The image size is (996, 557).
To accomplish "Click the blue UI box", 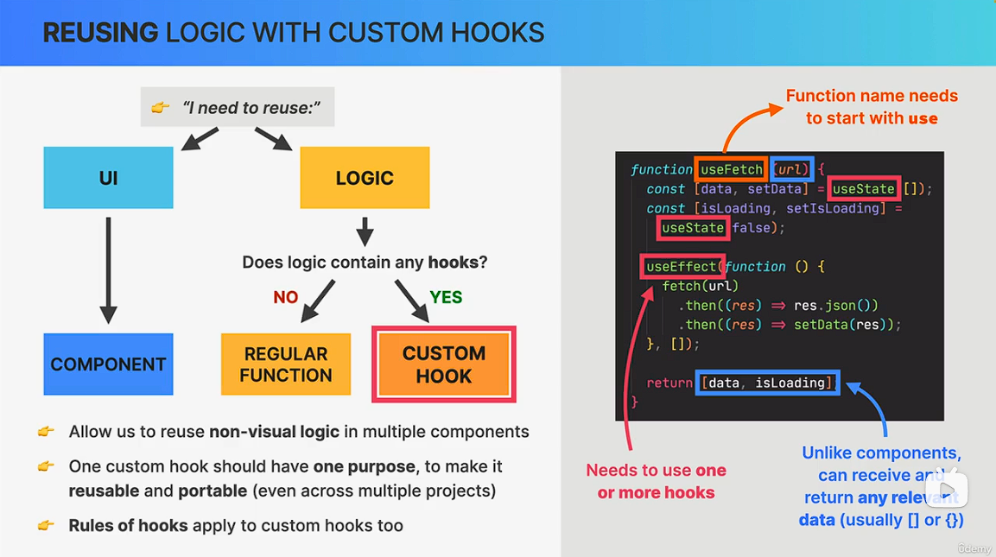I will click(x=108, y=178).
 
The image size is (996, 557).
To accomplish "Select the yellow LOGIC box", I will click(x=365, y=178).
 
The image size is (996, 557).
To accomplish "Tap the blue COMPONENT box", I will click(x=108, y=364).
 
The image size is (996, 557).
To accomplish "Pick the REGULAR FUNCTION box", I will click(x=286, y=364).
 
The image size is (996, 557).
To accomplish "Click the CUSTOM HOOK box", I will click(x=443, y=364).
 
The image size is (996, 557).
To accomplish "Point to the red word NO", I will click(x=286, y=297).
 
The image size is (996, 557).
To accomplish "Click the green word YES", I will click(x=446, y=297).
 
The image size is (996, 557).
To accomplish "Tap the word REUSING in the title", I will click(x=100, y=33).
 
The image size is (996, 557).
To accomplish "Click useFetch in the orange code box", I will click(x=732, y=169).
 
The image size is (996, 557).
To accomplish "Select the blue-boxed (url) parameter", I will click(x=792, y=169).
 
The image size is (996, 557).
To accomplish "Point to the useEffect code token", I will click(x=682, y=267).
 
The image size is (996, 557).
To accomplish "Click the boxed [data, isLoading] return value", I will click(x=767, y=383).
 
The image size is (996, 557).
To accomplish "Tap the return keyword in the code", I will click(x=669, y=383).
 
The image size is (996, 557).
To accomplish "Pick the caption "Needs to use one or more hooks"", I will click(x=656, y=481).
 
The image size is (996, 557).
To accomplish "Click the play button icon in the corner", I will click(x=947, y=491).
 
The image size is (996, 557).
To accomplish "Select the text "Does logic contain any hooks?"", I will click(x=365, y=262).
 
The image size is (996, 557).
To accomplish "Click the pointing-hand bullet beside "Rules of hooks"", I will click(x=46, y=525).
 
